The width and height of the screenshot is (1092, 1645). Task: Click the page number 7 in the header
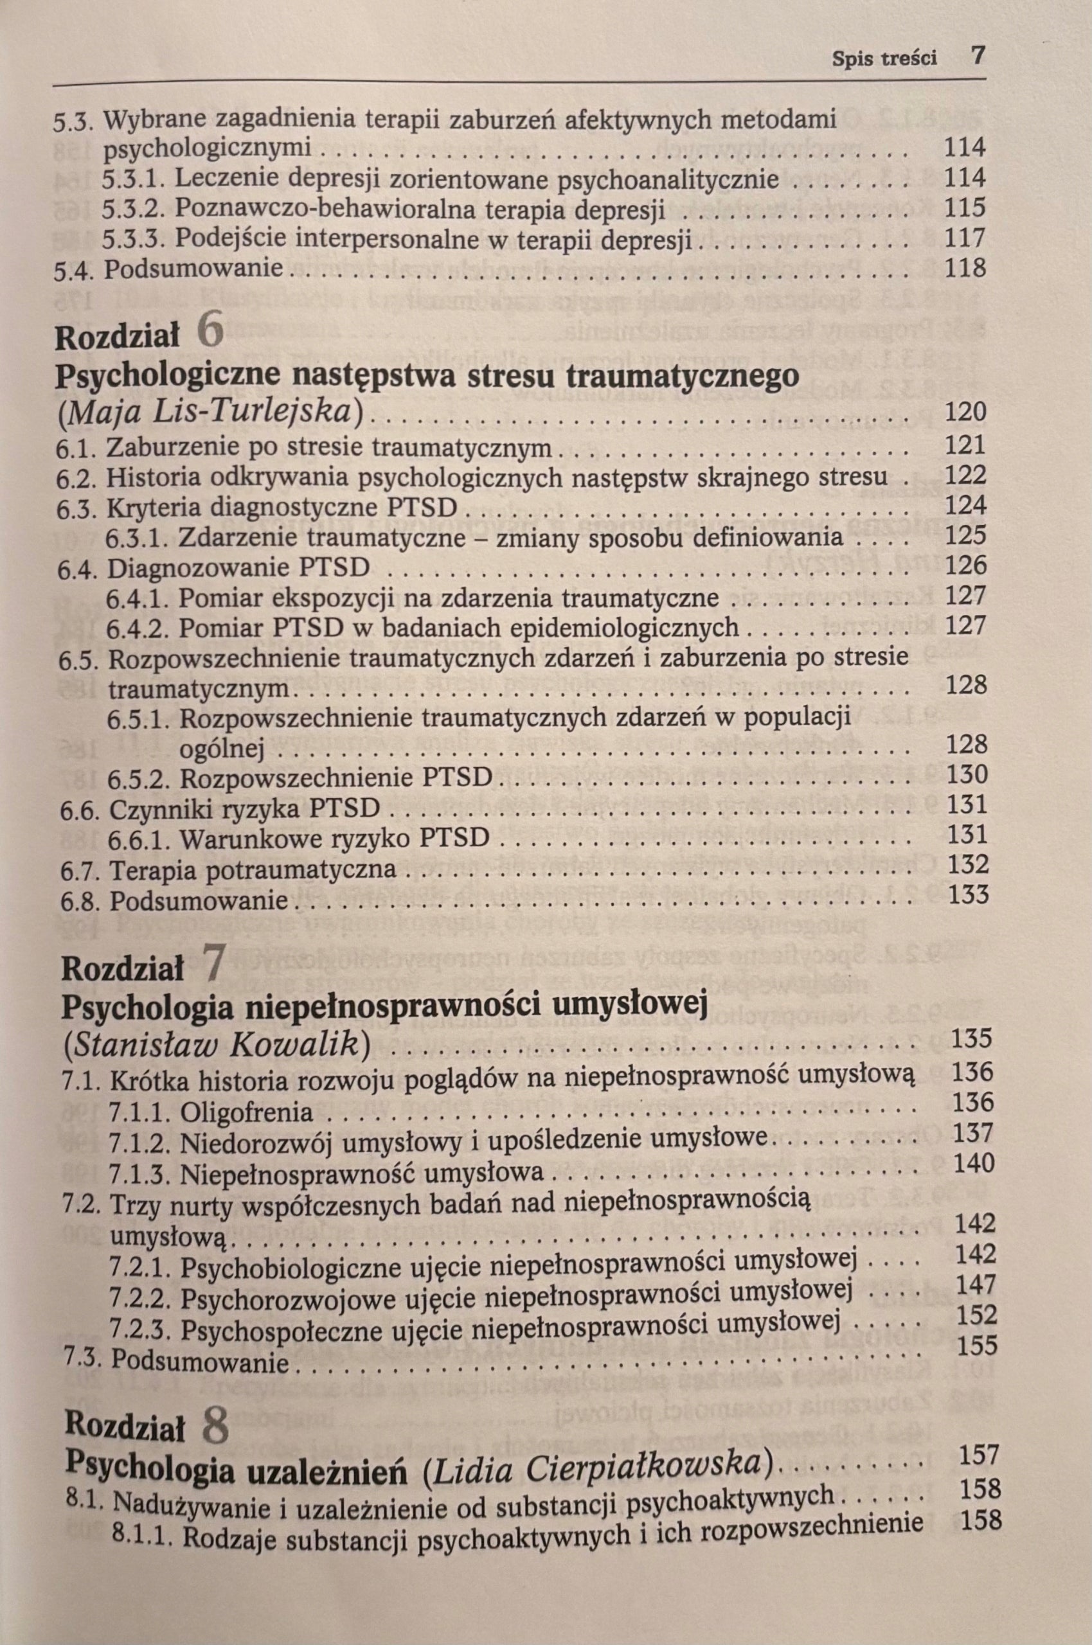[978, 57]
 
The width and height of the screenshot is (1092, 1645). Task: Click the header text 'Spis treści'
[884, 58]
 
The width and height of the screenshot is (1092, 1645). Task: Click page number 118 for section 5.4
[965, 268]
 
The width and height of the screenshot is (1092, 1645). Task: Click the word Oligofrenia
[246, 1112]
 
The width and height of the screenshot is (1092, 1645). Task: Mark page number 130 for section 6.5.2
[967, 774]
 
